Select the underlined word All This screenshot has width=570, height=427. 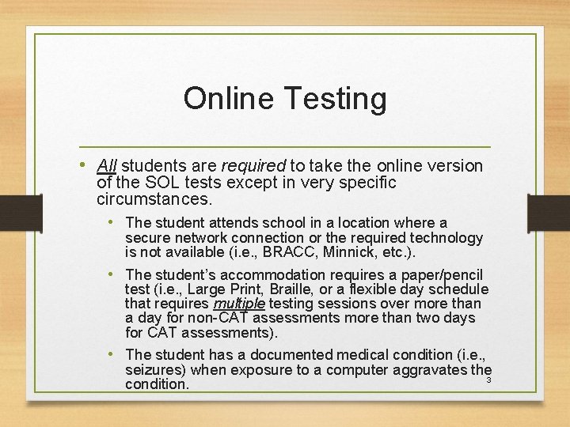tap(107, 166)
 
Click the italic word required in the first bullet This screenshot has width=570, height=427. tap(253, 166)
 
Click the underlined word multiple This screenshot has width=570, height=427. tap(239, 304)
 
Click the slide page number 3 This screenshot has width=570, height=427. tap(488, 380)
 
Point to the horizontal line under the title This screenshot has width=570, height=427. tap(285, 148)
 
